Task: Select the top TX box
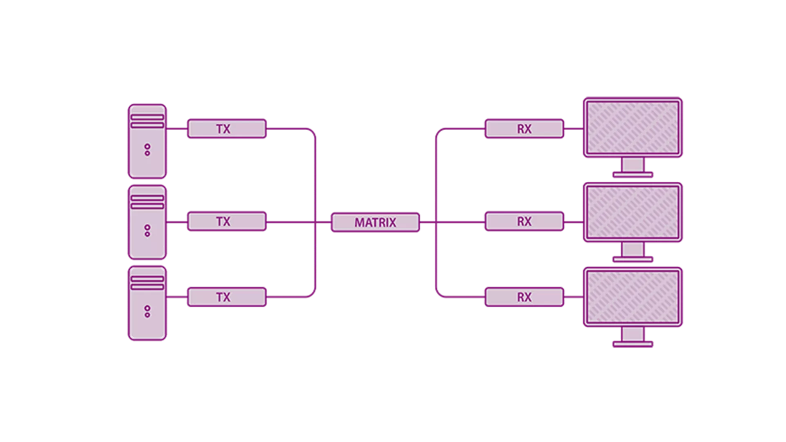click(x=227, y=129)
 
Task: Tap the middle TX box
click(x=227, y=221)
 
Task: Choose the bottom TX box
click(x=227, y=297)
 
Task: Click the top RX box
click(x=524, y=129)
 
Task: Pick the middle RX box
click(x=524, y=221)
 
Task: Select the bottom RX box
click(x=524, y=297)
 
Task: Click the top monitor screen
click(x=633, y=127)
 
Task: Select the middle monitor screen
click(x=633, y=212)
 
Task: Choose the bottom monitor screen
click(x=633, y=297)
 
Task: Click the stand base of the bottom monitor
click(x=633, y=345)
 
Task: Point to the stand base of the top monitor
click(x=633, y=175)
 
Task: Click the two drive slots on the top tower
click(x=147, y=121)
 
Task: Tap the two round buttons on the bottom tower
click(x=147, y=311)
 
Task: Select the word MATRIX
click(x=375, y=223)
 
